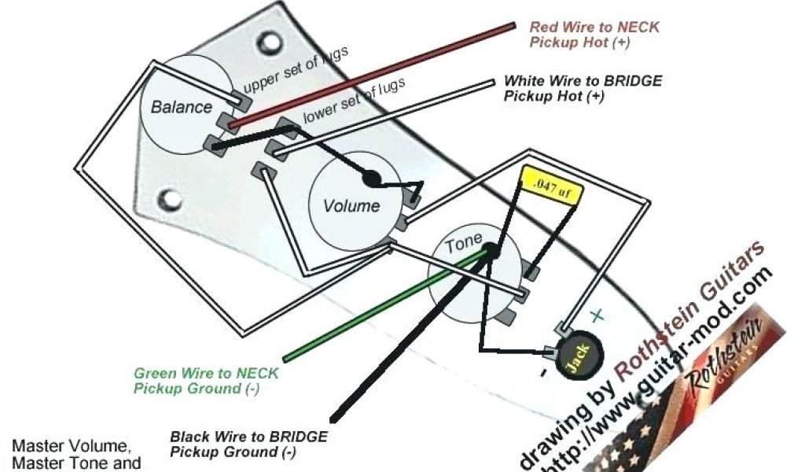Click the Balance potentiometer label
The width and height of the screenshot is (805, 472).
pos(182,107)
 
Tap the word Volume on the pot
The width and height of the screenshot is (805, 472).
pos(351,206)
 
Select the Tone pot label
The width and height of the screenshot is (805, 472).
pos(464,245)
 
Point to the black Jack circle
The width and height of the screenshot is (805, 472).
pos(579,358)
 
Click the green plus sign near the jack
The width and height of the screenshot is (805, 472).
pos(597,316)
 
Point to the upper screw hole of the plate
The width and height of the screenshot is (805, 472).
pos(271,39)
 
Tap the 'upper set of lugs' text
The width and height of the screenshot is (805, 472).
pos(295,70)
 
